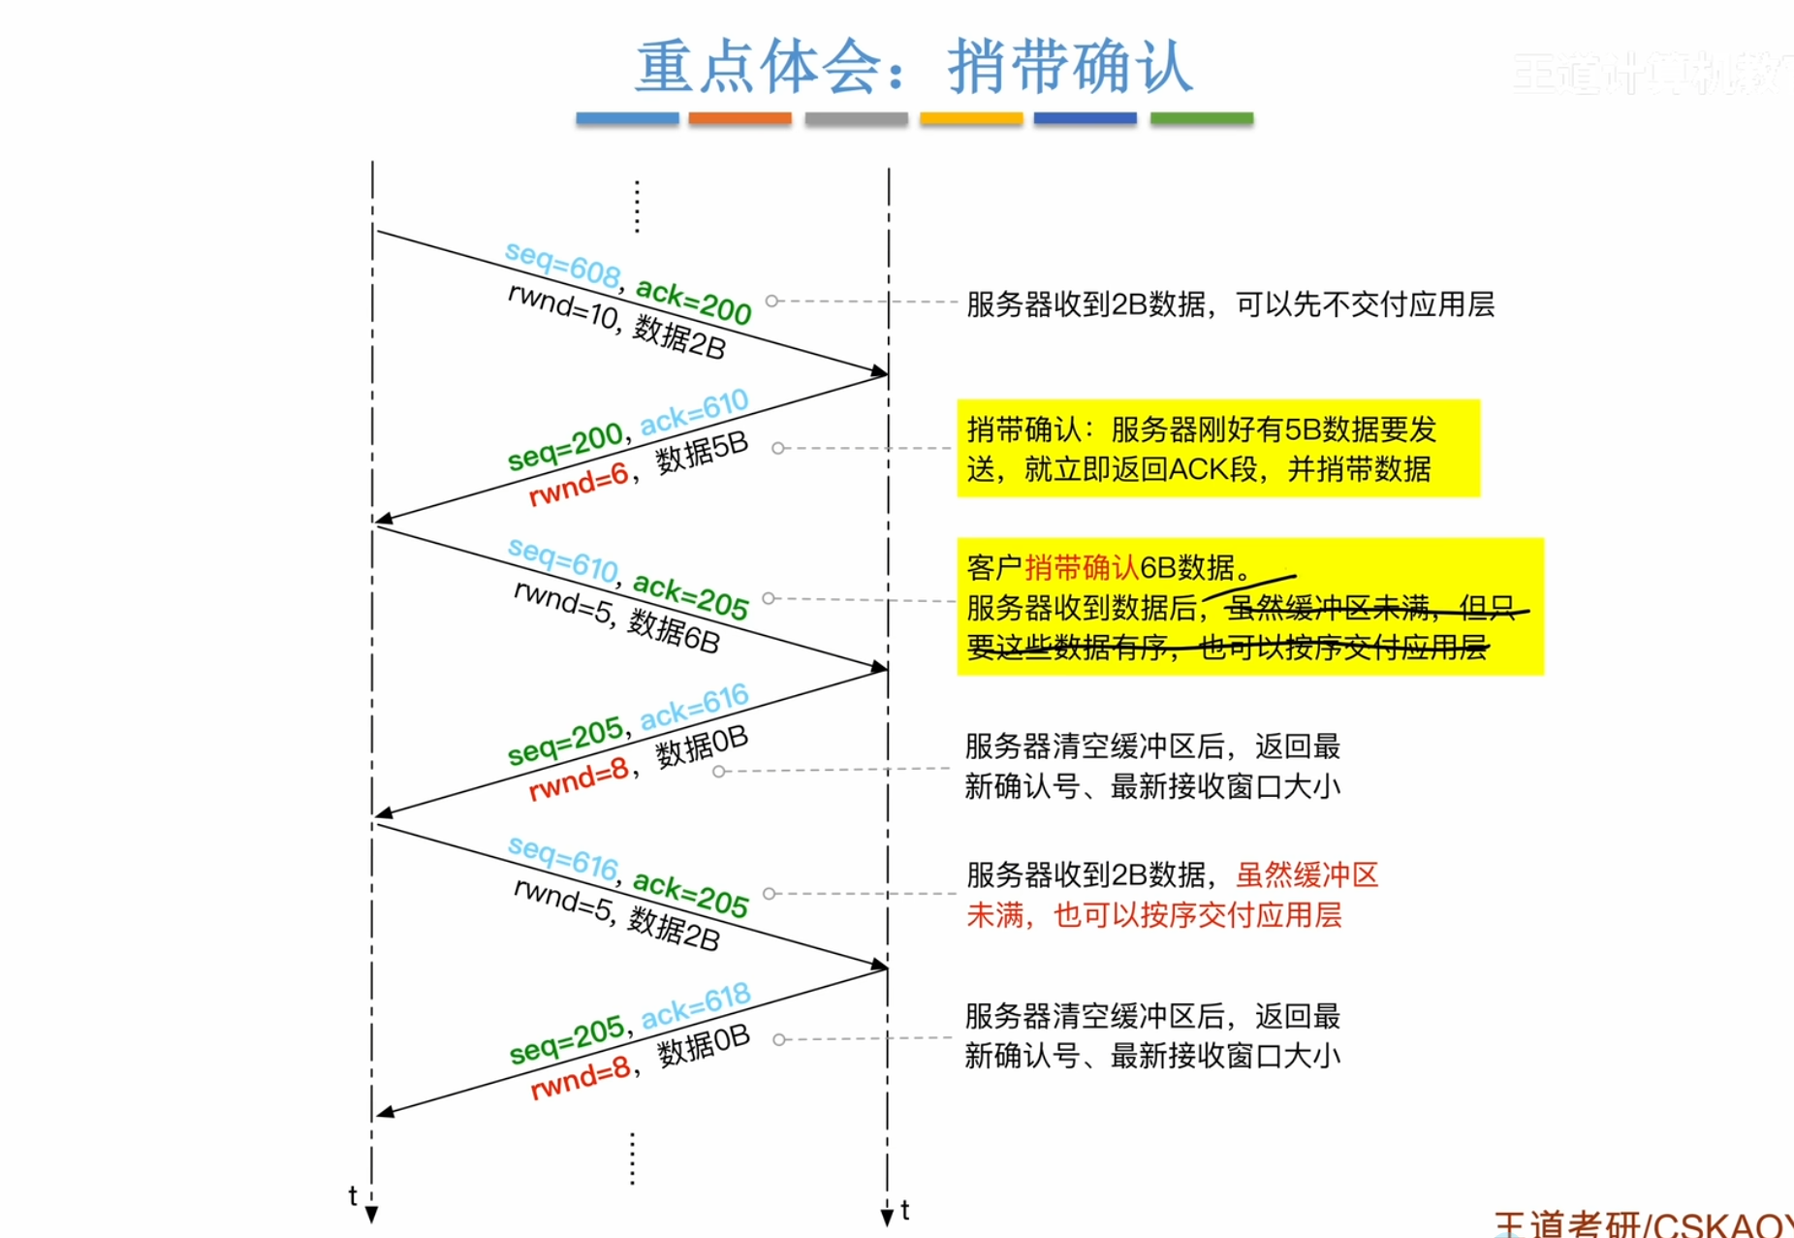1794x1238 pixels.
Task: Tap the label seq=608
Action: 562,264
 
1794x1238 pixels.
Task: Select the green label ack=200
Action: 693,301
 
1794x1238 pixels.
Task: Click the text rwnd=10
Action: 562,306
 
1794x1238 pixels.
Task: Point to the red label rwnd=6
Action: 579,485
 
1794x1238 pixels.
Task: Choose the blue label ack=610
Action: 694,411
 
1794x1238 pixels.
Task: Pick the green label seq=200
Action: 565,446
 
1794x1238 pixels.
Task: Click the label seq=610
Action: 563,560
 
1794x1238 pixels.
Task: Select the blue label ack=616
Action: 694,707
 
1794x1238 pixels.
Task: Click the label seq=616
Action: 563,858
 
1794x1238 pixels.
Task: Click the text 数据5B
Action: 702,451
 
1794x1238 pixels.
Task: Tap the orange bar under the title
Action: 740,118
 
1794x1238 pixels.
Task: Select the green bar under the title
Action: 1201,118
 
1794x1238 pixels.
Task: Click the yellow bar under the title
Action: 970,118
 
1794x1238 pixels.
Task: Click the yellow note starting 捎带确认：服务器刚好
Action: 1217,448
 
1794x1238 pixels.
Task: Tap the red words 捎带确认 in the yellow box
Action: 1082,566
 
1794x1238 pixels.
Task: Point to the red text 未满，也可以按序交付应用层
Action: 1153,914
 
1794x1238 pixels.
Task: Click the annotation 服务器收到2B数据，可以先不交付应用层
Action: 1230,304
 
